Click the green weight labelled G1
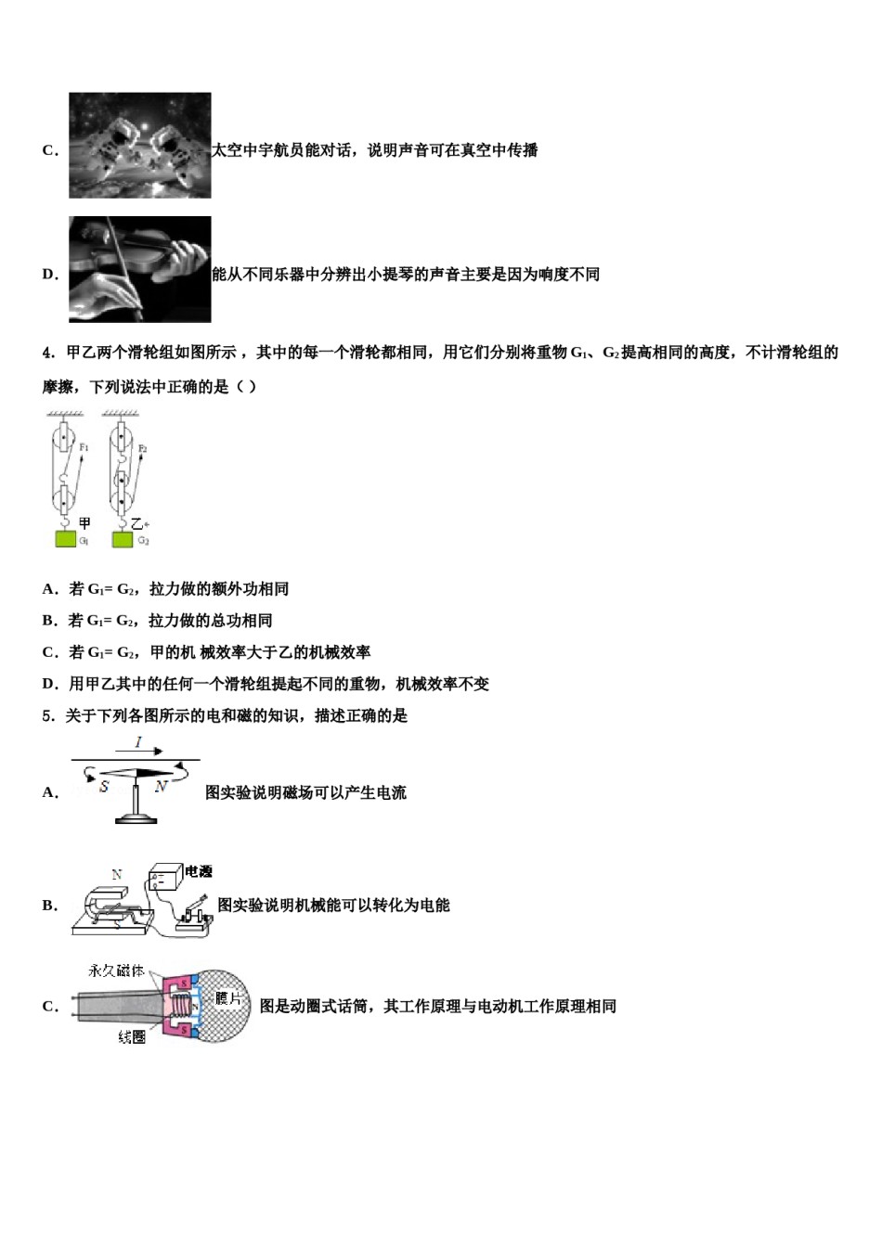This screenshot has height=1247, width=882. tap(64, 539)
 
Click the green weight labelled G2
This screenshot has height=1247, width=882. tap(122, 539)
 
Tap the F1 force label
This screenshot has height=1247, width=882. tap(84, 447)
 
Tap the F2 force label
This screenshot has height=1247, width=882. tap(142, 448)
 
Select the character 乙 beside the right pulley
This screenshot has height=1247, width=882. tap(137, 524)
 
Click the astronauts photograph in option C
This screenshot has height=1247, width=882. tap(140, 146)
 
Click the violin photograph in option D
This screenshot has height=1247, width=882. tap(140, 269)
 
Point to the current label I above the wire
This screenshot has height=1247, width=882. tap(138, 742)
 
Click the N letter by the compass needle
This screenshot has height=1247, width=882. tap(161, 786)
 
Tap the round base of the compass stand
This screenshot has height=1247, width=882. tap(137, 817)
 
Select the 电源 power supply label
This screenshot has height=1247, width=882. tap(199, 871)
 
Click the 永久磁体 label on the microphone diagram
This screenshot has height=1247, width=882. tap(116, 971)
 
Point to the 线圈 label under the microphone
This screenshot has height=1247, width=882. tap(132, 1037)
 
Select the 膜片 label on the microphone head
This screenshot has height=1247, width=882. tap(227, 998)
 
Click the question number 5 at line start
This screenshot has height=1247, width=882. tap(47, 715)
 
